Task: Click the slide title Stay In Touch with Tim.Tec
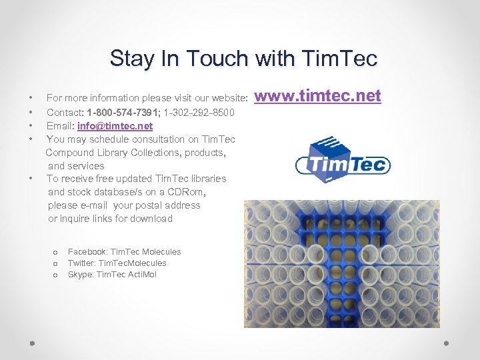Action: [x=243, y=58]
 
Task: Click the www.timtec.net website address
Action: [x=317, y=97]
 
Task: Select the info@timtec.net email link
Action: [x=115, y=126]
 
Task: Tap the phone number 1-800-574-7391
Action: [x=127, y=113]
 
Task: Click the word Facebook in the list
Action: [x=87, y=251]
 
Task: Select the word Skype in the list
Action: [x=80, y=274]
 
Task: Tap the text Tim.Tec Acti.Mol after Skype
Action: [x=127, y=274]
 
